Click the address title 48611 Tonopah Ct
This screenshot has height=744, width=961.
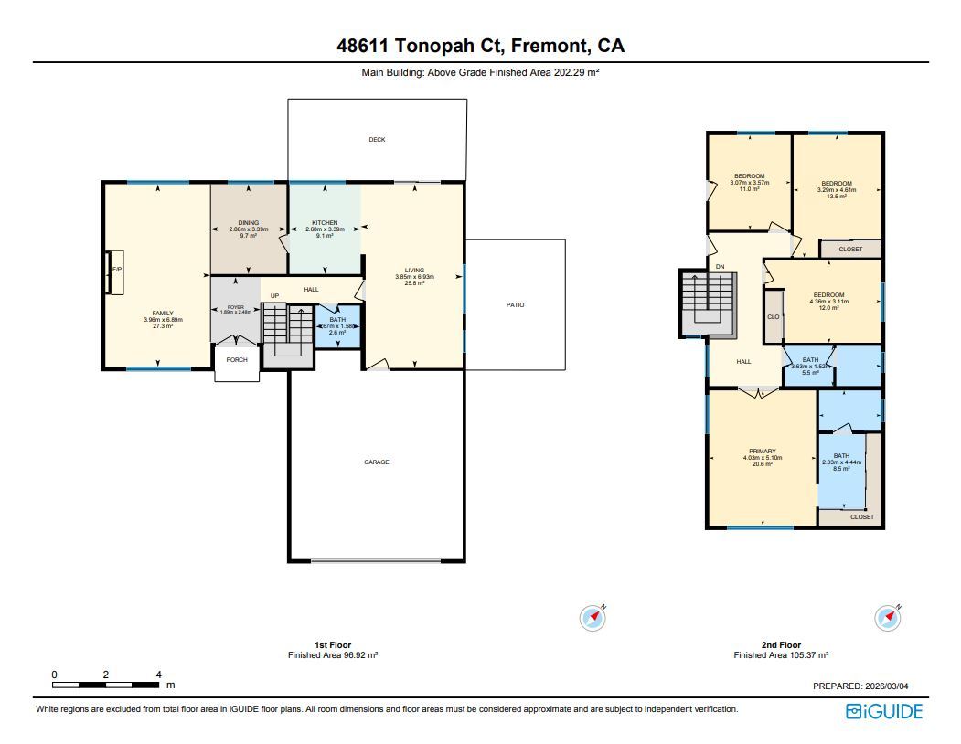pos(480,46)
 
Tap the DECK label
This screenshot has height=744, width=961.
pos(377,140)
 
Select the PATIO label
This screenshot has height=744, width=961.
pos(516,304)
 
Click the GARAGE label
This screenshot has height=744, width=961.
pos(377,462)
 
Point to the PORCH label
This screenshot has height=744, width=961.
pos(237,360)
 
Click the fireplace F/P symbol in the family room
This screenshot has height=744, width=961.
pos(116,271)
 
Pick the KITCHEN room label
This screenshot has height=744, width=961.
pos(325,223)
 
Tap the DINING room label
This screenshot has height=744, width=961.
pos(249,223)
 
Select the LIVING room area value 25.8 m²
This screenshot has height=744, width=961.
pos(415,284)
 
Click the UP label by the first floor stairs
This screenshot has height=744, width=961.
pos(274,296)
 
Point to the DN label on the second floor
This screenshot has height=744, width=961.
pos(720,267)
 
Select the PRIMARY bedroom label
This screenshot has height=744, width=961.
pos(763,451)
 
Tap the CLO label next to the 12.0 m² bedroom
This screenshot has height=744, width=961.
pos(773,317)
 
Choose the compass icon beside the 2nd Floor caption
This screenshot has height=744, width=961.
pos(888,618)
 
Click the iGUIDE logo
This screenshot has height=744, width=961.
pos(884,711)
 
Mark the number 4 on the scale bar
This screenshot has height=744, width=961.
pos(159,675)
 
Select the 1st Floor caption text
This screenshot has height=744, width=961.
pos(333,645)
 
